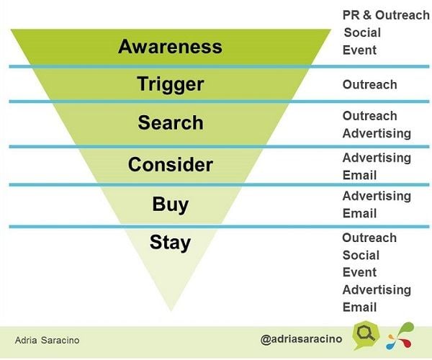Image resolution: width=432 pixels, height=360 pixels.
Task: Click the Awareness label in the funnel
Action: pyautogui.click(x=170, y=46)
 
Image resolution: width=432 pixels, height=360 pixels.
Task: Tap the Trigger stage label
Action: pyautogui.click(x=170, y=84)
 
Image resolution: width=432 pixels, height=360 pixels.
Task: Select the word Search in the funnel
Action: pyautogui.click(x=171, y=122)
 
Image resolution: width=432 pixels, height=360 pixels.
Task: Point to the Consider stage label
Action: pyautogui.click(x=170, y=164)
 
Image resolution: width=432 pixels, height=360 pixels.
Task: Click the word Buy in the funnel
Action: pyautogui.click(x=171, y=204)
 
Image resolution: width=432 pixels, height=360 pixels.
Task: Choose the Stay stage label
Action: pyautogui.click(x=170, y=243)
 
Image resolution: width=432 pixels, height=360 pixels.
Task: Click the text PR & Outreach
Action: pyautogui.click(x=386, y=15)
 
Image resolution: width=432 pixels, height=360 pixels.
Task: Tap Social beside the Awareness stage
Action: pyautogui.click(x=362, y=32)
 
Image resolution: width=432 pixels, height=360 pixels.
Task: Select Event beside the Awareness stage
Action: pyautogui.click(x=359, y=50)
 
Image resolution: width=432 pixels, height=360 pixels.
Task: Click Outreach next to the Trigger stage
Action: pyautogui.click(x=370, y=84)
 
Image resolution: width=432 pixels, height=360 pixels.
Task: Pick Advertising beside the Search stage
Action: pyautogui.click(x=377, y=134)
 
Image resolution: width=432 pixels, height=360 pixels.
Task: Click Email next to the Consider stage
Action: pyautogui.click(x=359, y=175)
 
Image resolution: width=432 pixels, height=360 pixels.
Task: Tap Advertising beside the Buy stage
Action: pyautogui.click(x=377, y=196)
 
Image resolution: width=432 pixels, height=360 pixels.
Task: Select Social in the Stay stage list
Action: pyautogui.click(x=361, y=256)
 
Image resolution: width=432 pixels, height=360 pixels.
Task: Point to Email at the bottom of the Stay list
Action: pyautogui.click(x=359, y=307)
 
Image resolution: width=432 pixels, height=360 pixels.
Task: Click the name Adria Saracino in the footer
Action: pyautogui.click(x=47, y=340)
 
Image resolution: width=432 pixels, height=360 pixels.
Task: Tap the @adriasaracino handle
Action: pyautogui.click(x=301, y=339)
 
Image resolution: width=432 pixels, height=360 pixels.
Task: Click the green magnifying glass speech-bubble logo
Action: pyautogui.click(x=366, y=335)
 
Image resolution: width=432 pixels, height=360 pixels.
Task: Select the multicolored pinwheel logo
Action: pyautogui.click(x=400, y=336)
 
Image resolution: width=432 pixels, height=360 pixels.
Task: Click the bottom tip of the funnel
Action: pyautogui.click(x=171, y=311)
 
